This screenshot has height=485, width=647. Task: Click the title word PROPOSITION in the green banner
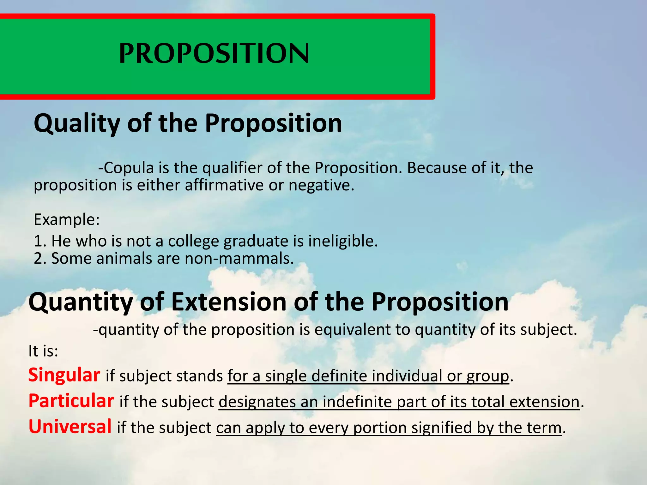tap(214, 54)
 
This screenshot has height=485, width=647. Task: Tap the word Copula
tap(129, 168)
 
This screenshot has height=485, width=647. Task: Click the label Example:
tap(67, 219)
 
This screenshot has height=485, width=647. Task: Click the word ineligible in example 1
tap(343, 241)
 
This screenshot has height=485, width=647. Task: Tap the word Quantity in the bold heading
tap(81, 302)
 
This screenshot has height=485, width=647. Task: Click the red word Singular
tap(64, 375)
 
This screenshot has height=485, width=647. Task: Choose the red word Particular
tap(71, 401)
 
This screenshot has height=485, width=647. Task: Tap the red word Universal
tap(70, 427)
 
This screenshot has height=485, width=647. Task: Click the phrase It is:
tap(43, 351)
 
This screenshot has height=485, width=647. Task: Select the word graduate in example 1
tap(256, 241)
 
